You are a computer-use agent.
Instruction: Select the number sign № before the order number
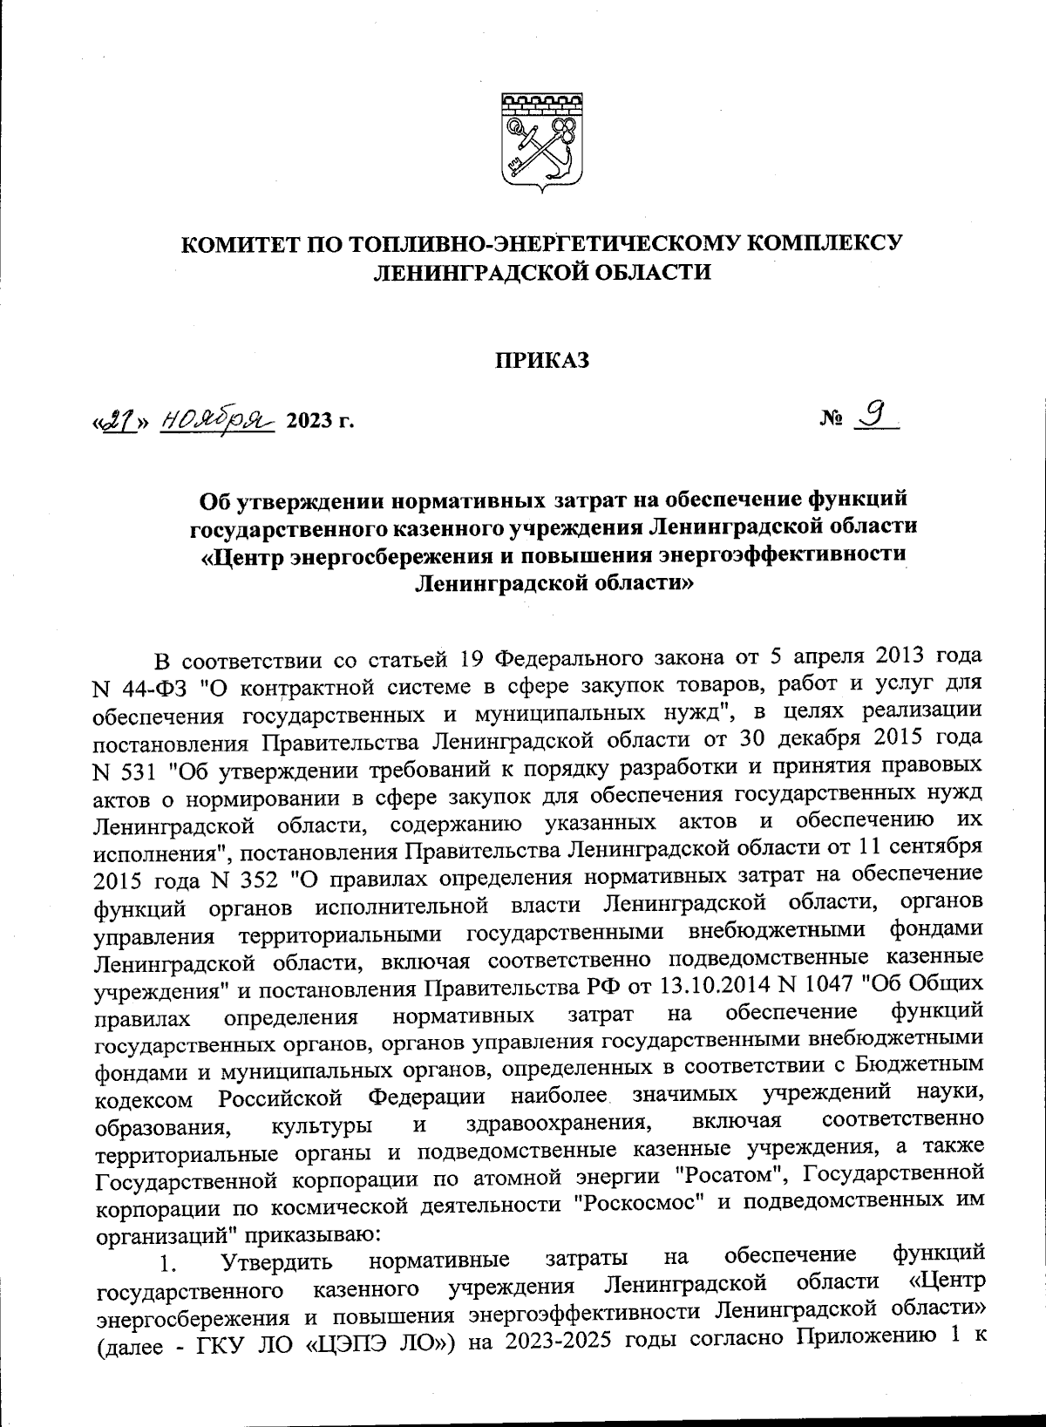tap(831, 422)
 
